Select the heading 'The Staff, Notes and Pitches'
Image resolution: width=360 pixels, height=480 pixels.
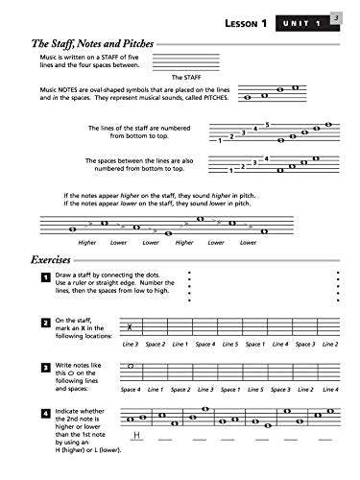90,44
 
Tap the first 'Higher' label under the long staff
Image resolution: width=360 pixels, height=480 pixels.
88,243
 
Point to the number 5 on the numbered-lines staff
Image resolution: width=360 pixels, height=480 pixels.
268,123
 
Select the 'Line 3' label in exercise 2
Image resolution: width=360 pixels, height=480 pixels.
131,344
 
